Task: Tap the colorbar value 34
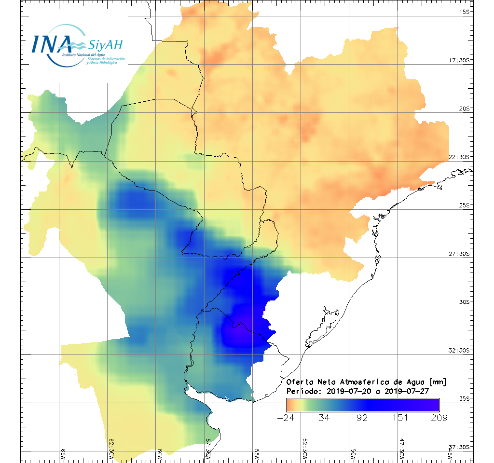click(324, 418)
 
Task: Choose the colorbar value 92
click(362, 418)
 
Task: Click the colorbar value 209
click(438, 418)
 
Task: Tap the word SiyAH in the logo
click(106, 45)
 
